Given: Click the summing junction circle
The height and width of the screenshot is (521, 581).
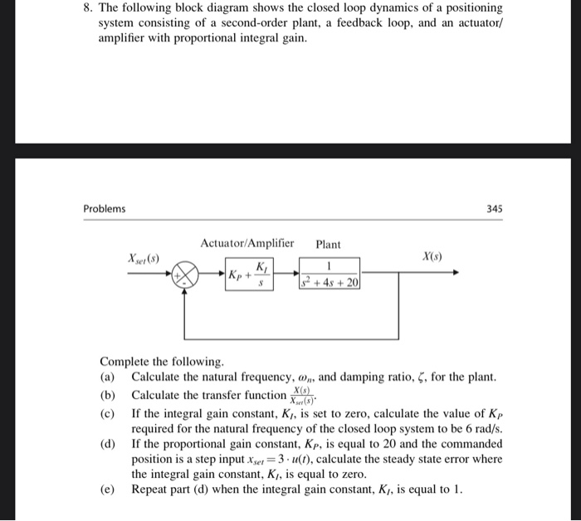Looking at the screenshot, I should (x=186, y=273).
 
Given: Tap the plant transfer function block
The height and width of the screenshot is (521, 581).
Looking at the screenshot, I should (x=329, y=273).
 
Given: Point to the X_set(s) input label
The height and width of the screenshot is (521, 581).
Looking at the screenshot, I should (x=142, y=259).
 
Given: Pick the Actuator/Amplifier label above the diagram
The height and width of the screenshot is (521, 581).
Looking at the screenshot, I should (x=247, y=243).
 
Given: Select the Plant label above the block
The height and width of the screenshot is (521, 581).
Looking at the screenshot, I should (x=329, y=244).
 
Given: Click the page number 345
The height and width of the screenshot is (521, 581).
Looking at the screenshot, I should (x=493, y=209).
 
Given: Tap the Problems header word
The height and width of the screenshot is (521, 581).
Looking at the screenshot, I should (x=105, y=209).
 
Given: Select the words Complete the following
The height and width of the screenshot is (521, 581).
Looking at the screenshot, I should (x=161, y=363).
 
